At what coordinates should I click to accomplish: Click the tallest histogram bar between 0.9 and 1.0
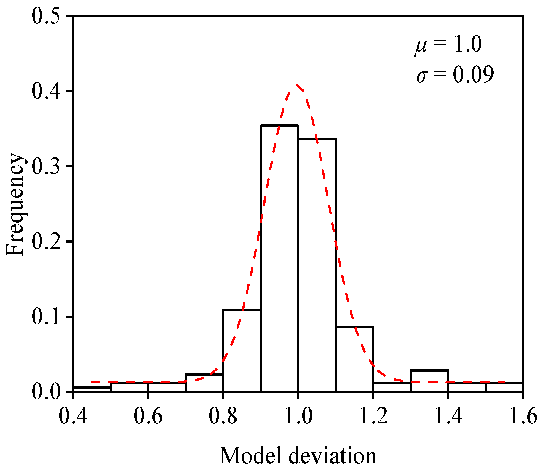pos(280,258)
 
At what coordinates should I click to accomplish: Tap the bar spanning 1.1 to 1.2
pos(354,359)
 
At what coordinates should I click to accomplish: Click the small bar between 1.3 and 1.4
pos(429,381)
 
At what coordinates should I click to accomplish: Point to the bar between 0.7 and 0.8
pos(204,383)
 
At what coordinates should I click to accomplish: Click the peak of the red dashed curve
pos(297,85)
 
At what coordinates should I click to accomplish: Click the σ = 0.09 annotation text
pos(455,75)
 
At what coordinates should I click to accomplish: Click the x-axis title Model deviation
pos(298,456)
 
